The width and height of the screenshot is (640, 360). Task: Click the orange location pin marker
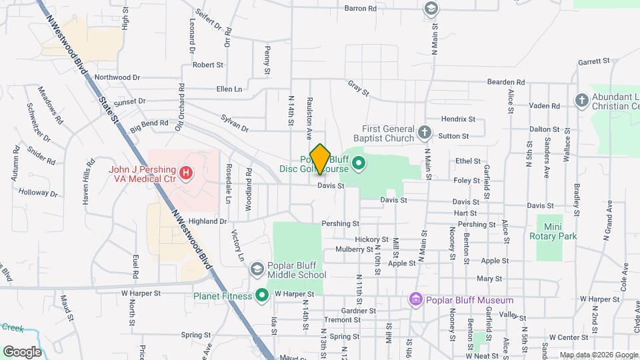click(x=321, y=159)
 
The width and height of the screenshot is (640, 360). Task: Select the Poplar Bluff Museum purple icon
click(x=417, y=300)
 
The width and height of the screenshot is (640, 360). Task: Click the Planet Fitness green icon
click(x=262, y=295)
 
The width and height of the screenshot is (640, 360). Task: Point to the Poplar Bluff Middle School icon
click(x=257, y=269)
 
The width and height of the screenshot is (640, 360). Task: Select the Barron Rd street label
click(x=361, y=9)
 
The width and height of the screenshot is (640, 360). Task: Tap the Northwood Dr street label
click(x=117, y=77)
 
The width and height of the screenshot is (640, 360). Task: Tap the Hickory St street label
click(x=372, y=239)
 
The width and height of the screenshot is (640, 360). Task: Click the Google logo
click(x=22, y=351)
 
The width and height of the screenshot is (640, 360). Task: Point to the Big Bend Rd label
click(x=149, y=124)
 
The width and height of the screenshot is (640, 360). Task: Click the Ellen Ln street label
click(x=229, y=89)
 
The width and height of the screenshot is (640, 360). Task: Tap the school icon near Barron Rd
click(x=431, y=8)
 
